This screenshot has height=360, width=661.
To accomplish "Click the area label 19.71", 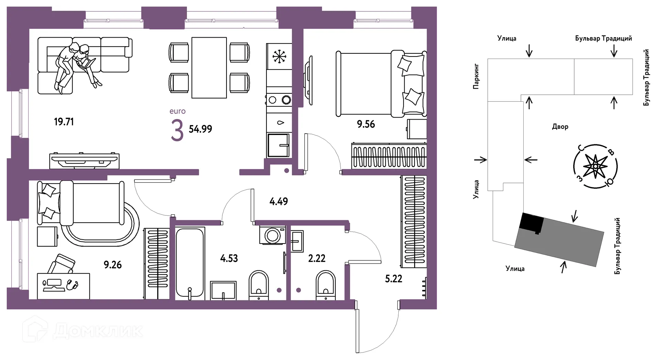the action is pos(64,122).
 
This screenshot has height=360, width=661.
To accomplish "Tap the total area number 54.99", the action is pos(200,129).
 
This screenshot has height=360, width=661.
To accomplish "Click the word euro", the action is pos(178,111).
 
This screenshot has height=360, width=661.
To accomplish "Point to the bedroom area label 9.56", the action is pos(366,124).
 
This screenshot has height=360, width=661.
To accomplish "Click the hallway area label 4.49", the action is pos(279,202).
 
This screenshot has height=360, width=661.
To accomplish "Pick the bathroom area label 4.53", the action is pos(229,258).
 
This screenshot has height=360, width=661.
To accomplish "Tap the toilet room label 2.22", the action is pos(317,258).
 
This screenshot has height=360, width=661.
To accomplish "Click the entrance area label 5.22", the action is pos(394,279).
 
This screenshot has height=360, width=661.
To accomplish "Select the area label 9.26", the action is pos(113,265).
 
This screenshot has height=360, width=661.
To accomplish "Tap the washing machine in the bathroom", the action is pos(273,236).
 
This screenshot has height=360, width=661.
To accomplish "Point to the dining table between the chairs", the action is pos(209,68).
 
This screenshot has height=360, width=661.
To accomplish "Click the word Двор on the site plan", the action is pos(560,127).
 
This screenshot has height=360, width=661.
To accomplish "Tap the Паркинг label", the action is pos(476,76).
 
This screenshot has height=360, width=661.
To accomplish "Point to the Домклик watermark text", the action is pos(98,331).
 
